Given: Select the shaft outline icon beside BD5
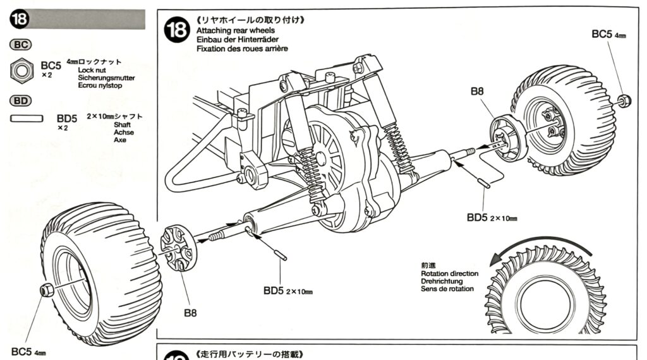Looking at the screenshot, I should [x=27, y=117].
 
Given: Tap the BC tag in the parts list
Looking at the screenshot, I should [x=21, y=45].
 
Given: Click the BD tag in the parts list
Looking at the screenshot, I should [x=21, y=100].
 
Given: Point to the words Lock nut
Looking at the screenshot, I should [x=92, y=70].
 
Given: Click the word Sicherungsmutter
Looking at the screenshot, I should [x=106, y=78].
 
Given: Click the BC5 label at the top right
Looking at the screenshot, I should [x=604, y=34].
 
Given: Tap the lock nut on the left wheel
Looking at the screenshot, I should [x=47, y=290].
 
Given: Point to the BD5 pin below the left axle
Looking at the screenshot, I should [x=280, y=255].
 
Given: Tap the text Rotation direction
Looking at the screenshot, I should [x=449, y=273].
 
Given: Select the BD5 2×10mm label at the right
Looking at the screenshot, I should [x=492, y=217].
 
